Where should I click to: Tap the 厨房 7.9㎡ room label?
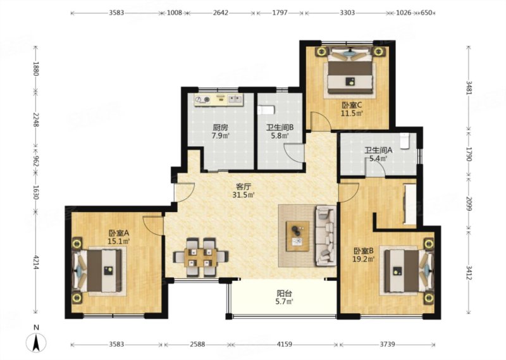pyautogui.click(x=220, y=132)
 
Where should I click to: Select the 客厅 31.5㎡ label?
pyautogui.click(x=244, y=190)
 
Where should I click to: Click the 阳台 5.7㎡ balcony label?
pyautogui.click(x=285, y=297)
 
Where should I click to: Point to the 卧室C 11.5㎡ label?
pyautogui.click(x=352, y=109)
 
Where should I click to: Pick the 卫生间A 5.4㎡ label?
pyautogui.click(x=378, y=154)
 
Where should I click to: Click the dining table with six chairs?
pyautogui.click(x=201, y=257)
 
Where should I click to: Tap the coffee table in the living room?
pyautogui.click(x=297, y=236)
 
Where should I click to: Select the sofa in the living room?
pyautogui.click(x=325, y=237)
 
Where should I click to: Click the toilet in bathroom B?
pyautogui.click(x=266, y=110)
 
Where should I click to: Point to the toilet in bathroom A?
pyautogui.click(x=405, y=141)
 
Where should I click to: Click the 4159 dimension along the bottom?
pyautogui.click(x=284, y=344)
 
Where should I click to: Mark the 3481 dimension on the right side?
pyautogui.click(x=469, y=87)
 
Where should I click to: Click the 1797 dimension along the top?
pyautogui.click(x=280, y=13)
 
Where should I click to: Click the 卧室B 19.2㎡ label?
pyautogui.click(x=364, y=254)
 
